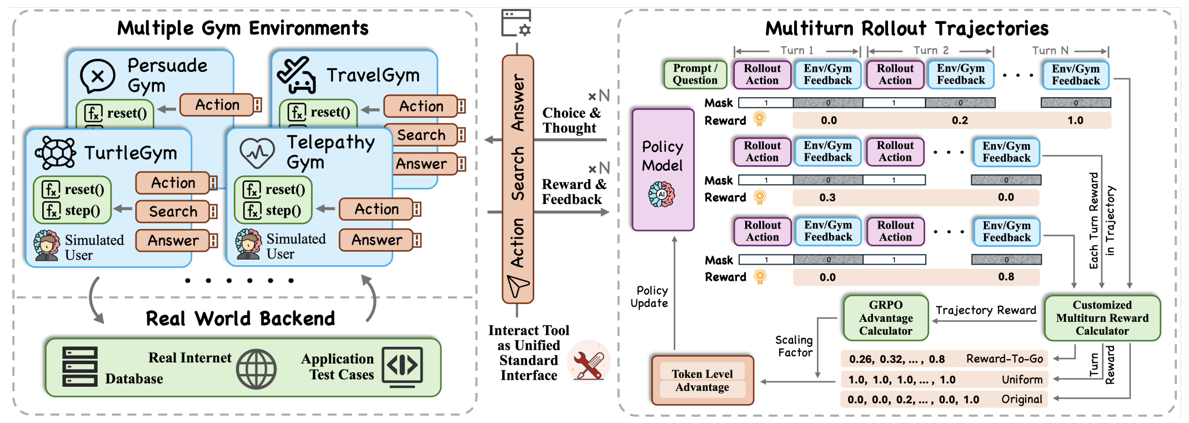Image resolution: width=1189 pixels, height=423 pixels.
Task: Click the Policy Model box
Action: [x=663, y=169]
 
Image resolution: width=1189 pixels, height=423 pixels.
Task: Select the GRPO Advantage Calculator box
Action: [x=886, y=318]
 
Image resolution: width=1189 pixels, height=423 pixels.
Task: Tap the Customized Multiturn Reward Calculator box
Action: [x=1102, y=318]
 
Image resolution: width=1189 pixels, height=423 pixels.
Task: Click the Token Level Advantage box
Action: [x=703, y=381]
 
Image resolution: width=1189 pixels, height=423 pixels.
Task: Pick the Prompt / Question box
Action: [x=695, y=74]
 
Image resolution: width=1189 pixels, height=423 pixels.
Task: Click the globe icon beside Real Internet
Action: [x=256, y=369]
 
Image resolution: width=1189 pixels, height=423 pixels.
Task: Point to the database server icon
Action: [x=80, y=366]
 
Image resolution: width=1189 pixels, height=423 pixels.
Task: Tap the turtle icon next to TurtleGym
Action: [x=56, y=152]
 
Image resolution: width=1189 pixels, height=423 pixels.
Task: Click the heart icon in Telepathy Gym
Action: [x=257, y=153]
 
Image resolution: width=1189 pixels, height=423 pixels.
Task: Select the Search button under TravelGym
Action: [x=422, y=135]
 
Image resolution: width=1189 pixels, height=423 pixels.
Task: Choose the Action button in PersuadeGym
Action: [x=218, y=104]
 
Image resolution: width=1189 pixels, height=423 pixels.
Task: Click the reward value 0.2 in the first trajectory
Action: [x=960, y=121]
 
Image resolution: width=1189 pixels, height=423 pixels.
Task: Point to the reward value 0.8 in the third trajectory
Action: [x=1006, y=277]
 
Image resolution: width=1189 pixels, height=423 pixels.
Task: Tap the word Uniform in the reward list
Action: [x=1022, y=380]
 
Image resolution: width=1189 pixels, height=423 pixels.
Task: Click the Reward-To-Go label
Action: [x=1004, y=359]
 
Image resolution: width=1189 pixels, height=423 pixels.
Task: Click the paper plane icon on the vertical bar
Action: [x=518, y=286]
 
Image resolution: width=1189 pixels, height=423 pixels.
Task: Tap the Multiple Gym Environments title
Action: [x=243, y=28]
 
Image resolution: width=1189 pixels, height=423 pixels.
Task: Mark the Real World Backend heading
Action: [x=240, y=319]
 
